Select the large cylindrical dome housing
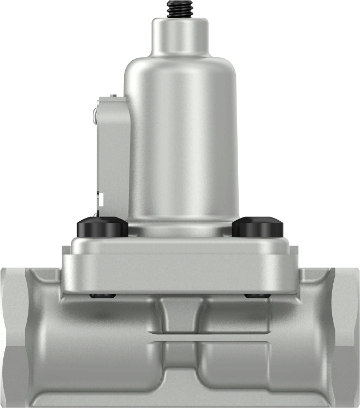pyautogui.click(x=181, y=137)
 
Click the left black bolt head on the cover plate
pyautogui.click(x=103, y=226)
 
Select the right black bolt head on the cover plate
pyautogui.click(x=258, y=226)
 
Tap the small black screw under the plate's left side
pyautogui.click(x=103, y=296)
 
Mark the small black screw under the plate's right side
pyautogui.click(x=257, y=296)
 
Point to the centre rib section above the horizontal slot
pyautogui.click(x=180, y=317)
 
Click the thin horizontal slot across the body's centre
pyautogui.click(x=180, y=338)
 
